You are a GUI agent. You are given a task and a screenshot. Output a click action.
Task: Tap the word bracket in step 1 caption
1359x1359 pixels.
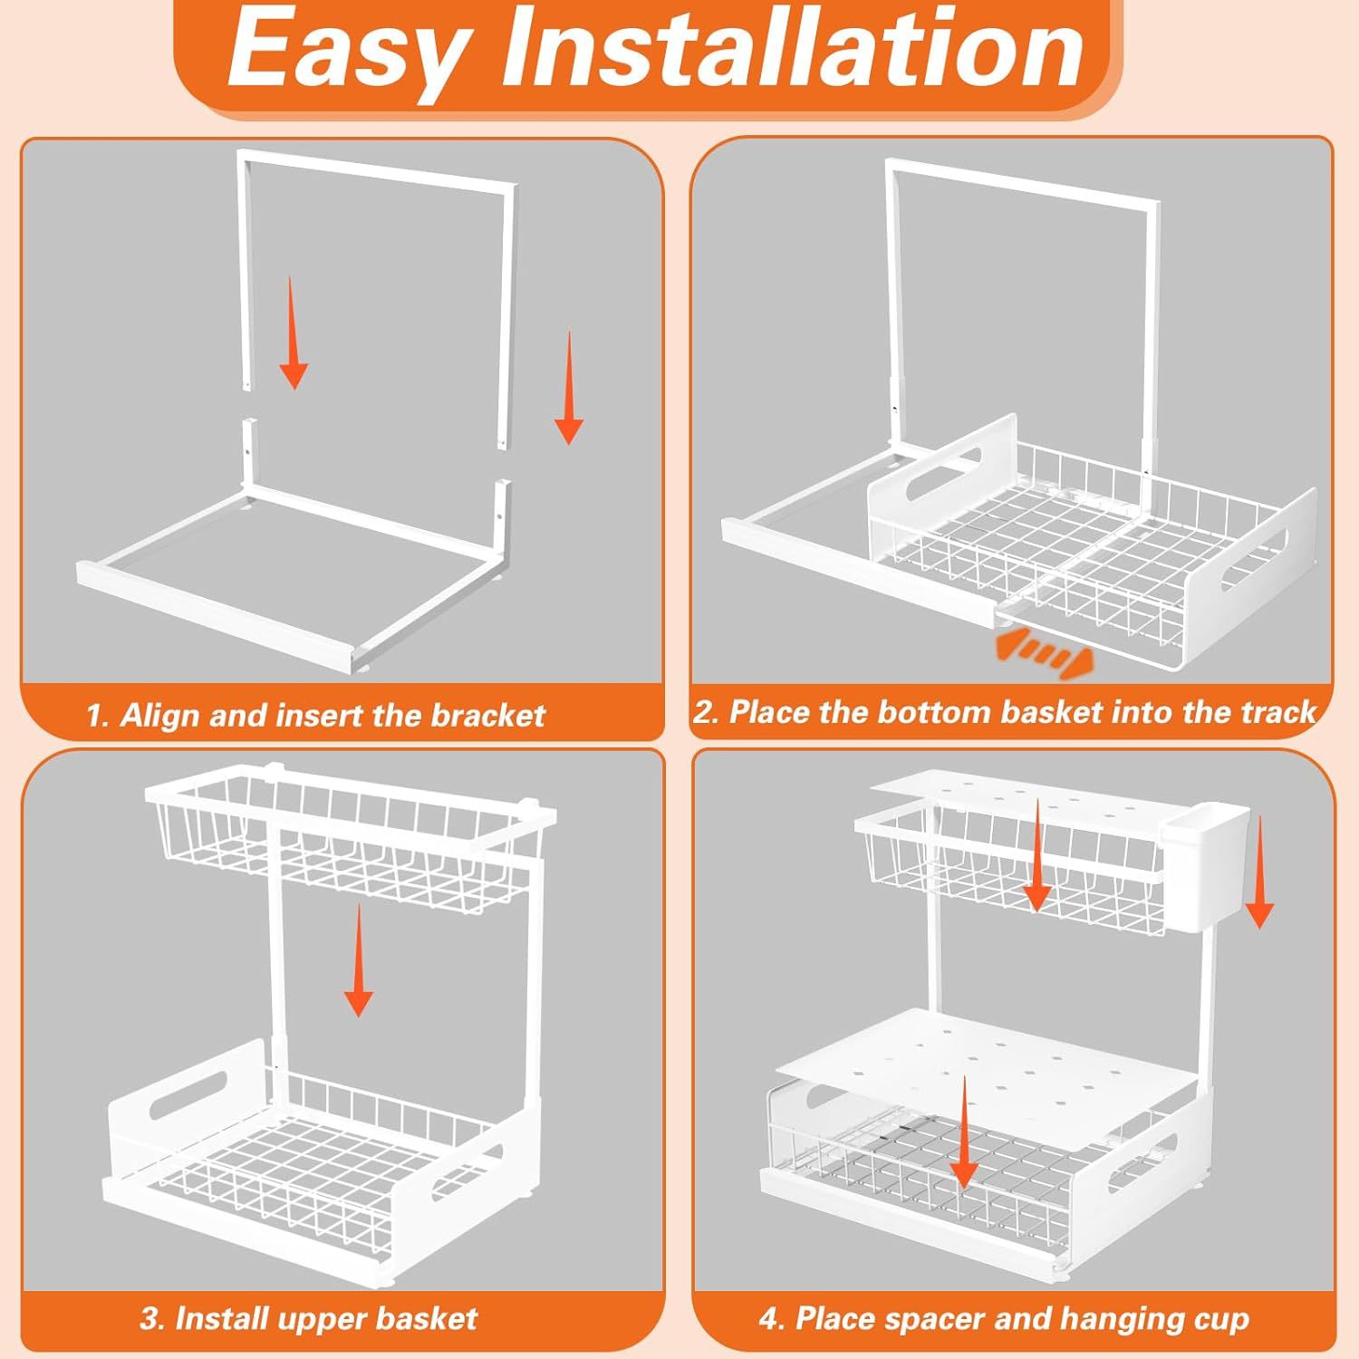pos(487,715)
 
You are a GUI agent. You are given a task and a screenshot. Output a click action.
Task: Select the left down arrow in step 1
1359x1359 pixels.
pos(293,333)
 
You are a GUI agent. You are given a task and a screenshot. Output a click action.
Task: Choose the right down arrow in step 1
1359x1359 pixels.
pos(569,388)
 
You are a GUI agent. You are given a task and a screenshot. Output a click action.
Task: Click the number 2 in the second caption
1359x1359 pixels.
pos(705,712)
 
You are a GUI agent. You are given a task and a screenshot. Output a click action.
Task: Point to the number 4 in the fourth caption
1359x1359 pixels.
pos(769,1320)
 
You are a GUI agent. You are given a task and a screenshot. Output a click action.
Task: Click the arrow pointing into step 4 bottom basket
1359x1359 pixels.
pos(964,1132)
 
